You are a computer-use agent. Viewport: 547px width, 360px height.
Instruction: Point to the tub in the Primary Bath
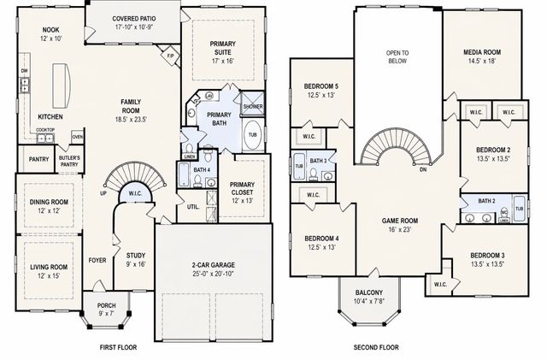click(x=252, y=135)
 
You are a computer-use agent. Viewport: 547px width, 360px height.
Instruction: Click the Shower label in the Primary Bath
click(x=253, y=106)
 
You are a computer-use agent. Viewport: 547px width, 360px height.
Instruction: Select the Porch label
click(x=107, y=306)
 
